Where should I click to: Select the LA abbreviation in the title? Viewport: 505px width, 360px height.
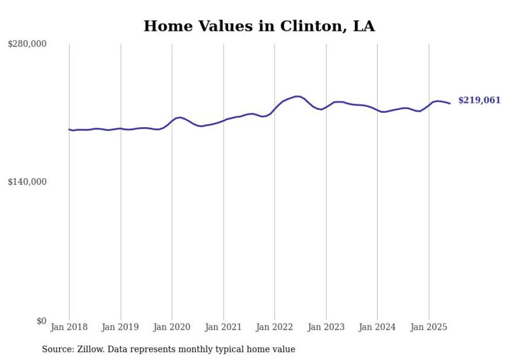364,26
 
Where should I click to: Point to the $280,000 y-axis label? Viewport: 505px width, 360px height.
27,44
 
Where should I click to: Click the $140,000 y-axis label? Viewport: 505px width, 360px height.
27,182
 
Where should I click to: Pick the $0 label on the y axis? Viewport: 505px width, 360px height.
41,321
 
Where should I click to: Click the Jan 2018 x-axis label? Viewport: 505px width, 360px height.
69,327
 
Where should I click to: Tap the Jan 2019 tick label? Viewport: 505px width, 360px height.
121,327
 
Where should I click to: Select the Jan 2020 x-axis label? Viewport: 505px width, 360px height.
172,327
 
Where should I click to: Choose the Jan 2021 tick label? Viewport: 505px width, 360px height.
223,327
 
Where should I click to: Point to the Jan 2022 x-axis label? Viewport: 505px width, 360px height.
275,327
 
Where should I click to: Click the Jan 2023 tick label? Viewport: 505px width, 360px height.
326,327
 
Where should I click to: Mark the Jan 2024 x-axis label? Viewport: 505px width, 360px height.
377,327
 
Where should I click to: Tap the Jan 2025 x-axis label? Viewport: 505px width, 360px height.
429,327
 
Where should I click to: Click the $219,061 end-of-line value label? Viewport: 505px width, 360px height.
479,100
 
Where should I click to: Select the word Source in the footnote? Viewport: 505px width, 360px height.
57,350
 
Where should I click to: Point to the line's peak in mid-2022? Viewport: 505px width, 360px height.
297,96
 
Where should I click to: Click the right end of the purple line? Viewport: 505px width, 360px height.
450,104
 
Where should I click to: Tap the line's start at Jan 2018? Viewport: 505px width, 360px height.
69,129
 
